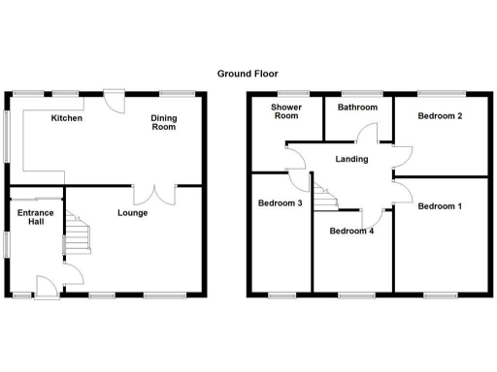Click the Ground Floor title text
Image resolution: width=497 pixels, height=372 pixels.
[x=247, y=72]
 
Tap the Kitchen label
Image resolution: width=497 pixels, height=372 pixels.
[x=66, y=118]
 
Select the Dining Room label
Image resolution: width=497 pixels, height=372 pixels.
[x=163, y=122]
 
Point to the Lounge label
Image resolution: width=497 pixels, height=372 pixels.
[x=132, y=212]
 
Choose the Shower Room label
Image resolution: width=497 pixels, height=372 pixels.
[x=285, y=111]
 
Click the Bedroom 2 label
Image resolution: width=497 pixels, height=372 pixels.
[x=439, y=116]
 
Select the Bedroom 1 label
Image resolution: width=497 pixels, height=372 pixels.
[x=439, y=206]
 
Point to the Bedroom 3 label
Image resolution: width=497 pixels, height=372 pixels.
[x=280, y=203]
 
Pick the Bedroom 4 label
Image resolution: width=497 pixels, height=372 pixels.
[x=350, y=231]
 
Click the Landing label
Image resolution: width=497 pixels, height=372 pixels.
[x=348, y=161]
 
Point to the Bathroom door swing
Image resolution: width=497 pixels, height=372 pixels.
[x=366, y=136]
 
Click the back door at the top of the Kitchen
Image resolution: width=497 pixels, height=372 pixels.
[x=115, y=99]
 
